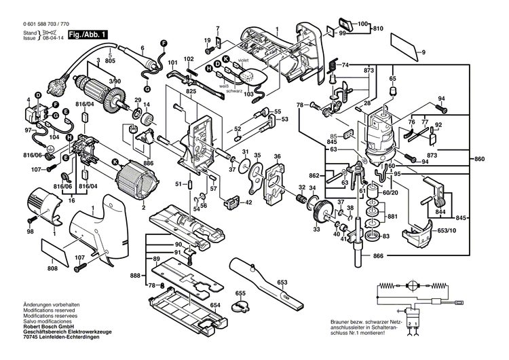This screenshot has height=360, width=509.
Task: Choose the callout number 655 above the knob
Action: click(240, 293)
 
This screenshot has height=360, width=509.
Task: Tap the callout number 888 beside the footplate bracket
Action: click(136, 276)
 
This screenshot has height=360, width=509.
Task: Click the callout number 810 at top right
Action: click(377, 28)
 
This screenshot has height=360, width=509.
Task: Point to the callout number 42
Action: click(248, 202)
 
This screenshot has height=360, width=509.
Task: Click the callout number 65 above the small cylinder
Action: click(392, 79)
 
